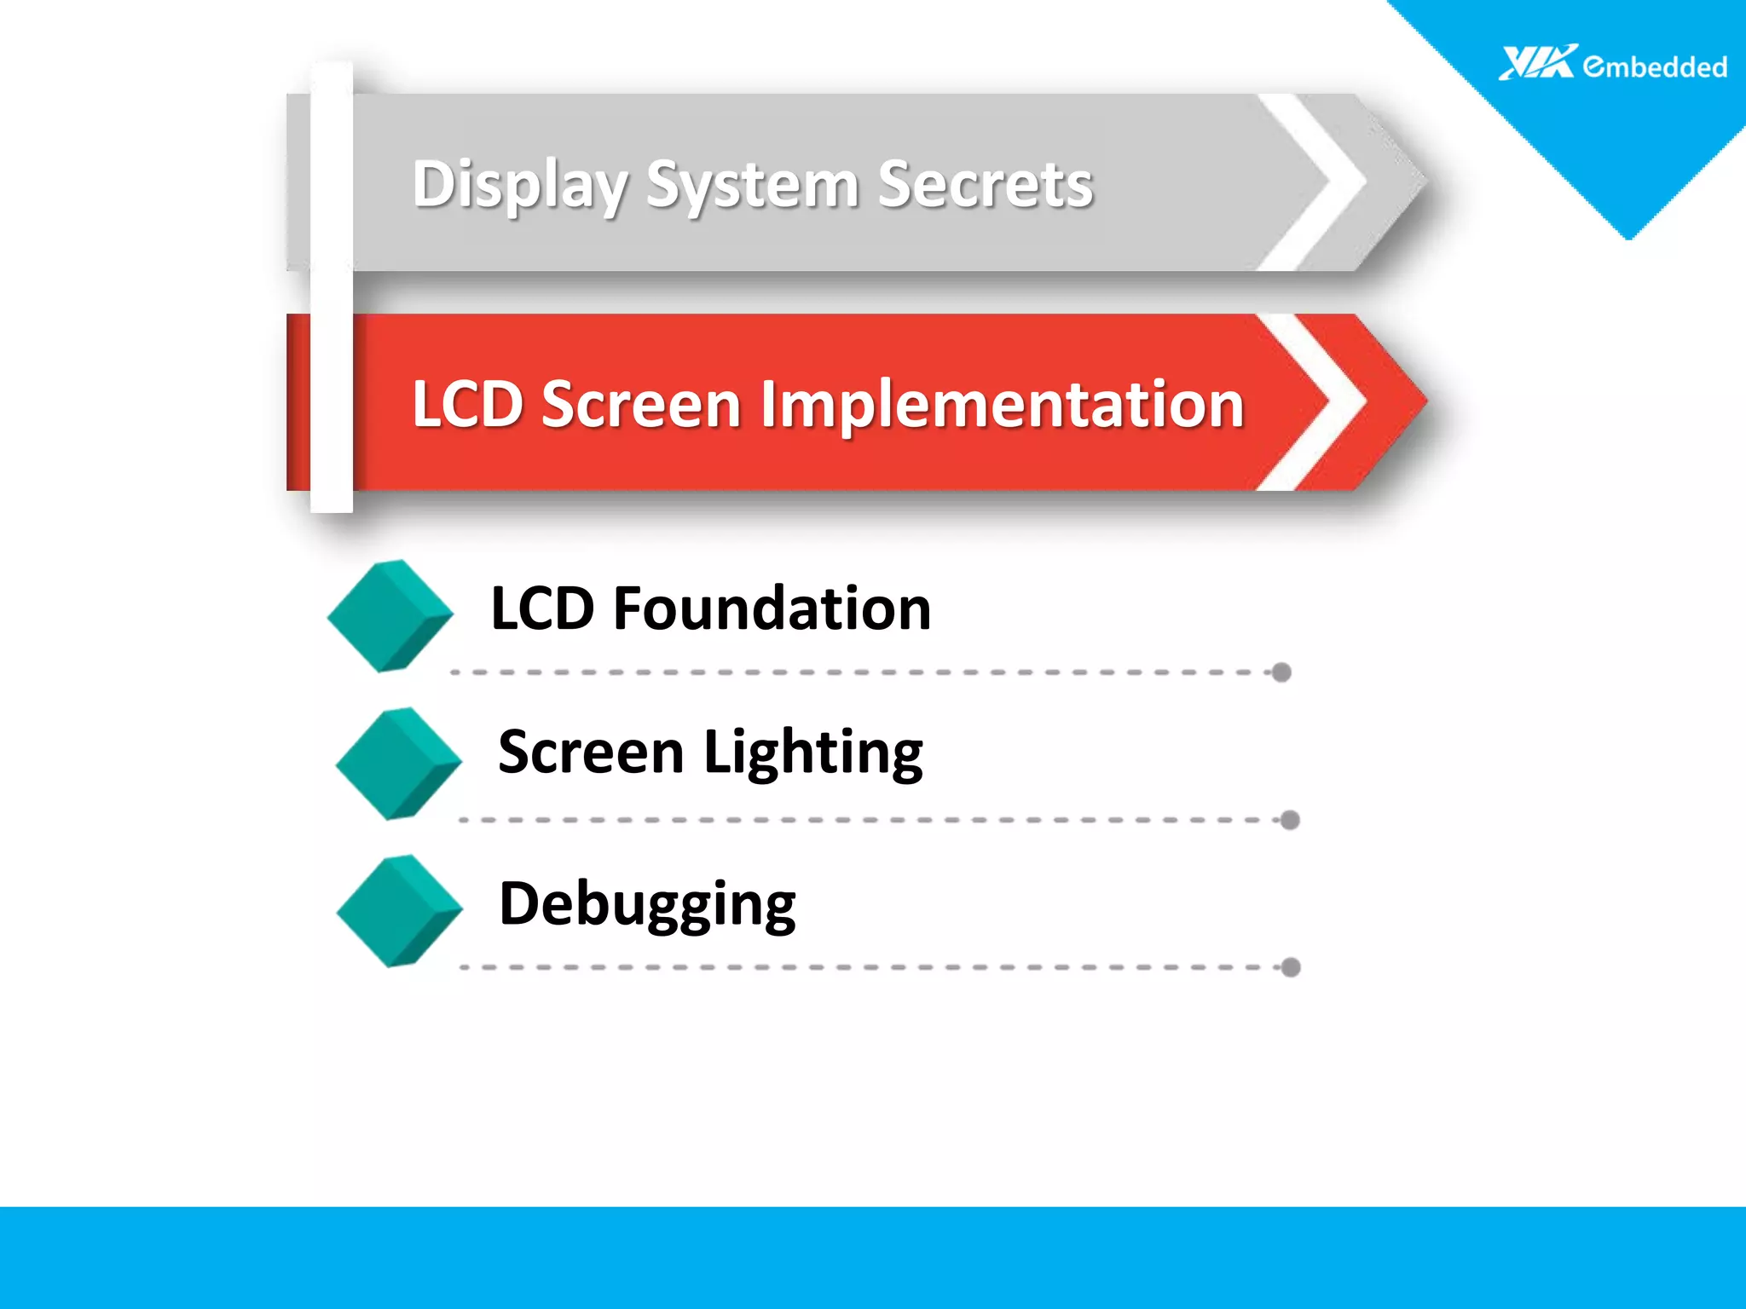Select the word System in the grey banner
point(752,184)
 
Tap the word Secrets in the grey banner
point(985,184)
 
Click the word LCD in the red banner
point(467,404)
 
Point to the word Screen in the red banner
point(641,404)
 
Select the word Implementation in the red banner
point(1003,404)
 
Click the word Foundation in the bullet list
point(772,608)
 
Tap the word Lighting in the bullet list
point(813,753)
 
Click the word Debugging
point(647,904)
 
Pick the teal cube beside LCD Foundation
point(390,615)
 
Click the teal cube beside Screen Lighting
point(399,764)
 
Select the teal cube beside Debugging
point(400,911)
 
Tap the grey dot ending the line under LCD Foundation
point(1281,672)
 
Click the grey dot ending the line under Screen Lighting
point(1290,820)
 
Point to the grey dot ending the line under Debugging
point(1291,967)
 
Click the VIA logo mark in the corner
point(1537,62)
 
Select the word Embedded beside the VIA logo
point(1655,66)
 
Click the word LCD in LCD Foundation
point(542,608)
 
